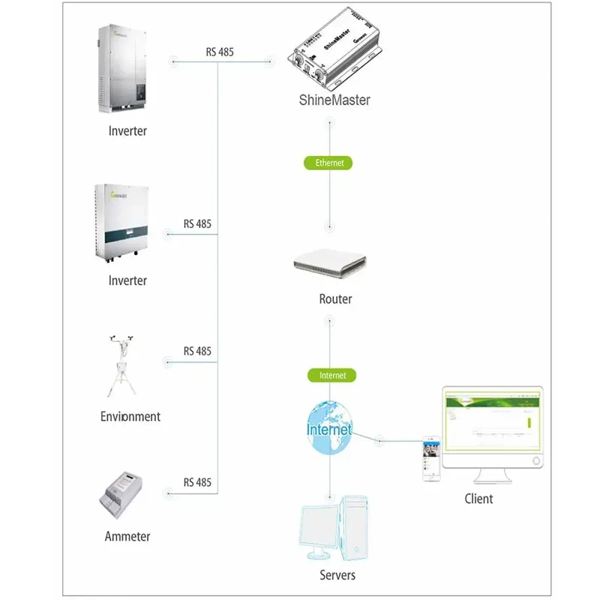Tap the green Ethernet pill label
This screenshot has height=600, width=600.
point(328,162)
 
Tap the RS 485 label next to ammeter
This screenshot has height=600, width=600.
point(198,482)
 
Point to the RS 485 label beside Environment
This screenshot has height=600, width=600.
point(198,351)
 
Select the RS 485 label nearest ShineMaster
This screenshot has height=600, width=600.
point(220,52)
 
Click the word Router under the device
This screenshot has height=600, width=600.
point(335,299)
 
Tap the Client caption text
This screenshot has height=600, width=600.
point(478,498)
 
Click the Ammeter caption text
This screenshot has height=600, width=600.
point(127,536)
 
